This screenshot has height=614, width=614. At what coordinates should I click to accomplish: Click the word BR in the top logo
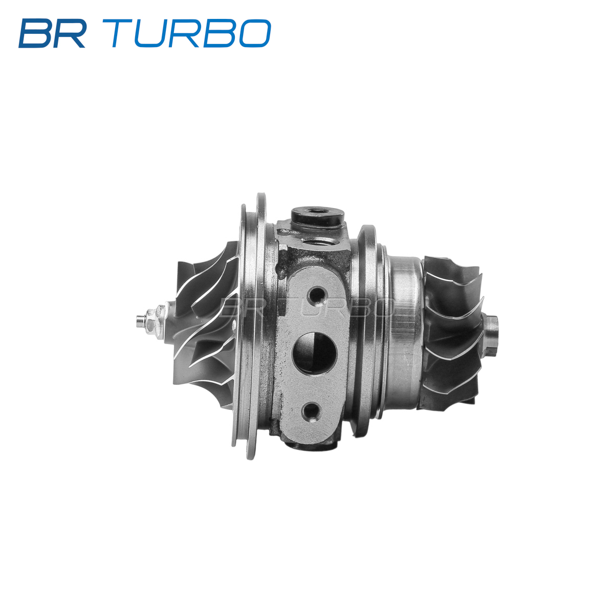(52, 33)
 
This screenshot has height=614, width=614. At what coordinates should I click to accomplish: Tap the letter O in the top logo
(255, 33)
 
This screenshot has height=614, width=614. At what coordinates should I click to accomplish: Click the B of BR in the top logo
(35, 33)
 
